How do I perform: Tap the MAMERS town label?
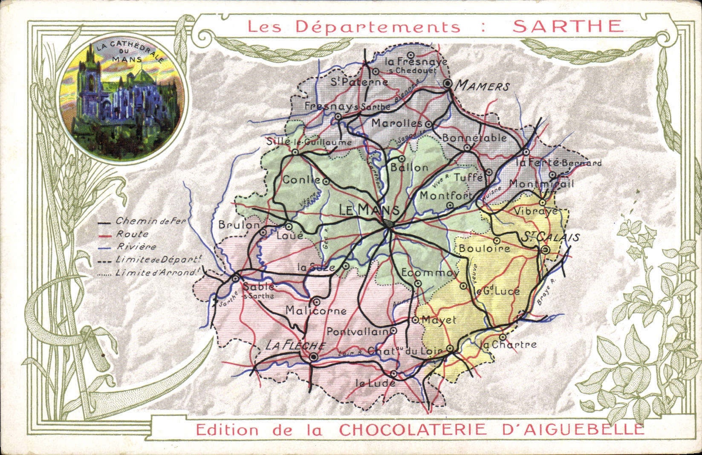tap(482, 86)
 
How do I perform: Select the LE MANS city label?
tap(369, 210)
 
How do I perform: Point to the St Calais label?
tap(549, 237)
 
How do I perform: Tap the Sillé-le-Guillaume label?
tap(309, 142)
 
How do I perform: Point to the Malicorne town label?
tap(316, 311)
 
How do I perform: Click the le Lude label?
tap(375, 383)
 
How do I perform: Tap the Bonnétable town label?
tap(474, 138)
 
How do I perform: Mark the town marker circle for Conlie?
tap(326, 182)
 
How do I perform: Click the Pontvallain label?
tap(358, 331)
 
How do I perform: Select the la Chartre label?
tap(508, 345)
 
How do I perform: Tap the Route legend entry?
tap(133, 234)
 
